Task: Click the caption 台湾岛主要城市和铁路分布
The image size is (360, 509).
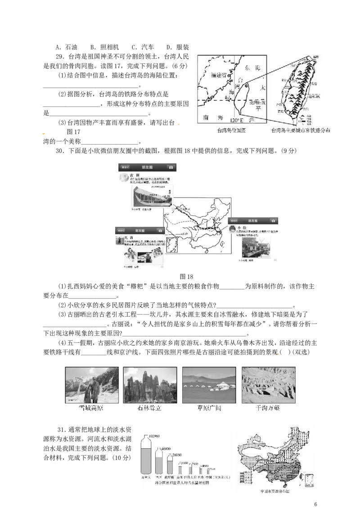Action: [x=300, y=131]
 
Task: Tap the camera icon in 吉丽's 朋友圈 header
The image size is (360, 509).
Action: [x=171, y=167]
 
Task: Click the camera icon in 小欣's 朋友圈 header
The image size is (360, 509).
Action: [x=272, y=221]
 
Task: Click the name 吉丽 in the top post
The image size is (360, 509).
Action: [x=134, y=175]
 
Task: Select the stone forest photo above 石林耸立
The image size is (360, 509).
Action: [x=150, y=384]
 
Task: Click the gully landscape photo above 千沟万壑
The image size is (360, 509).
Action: [x=269, y=384]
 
